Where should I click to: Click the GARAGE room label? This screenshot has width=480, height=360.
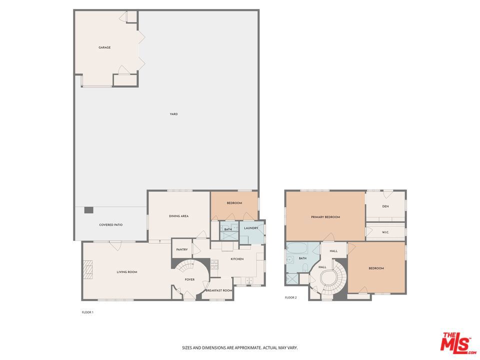[104, 47]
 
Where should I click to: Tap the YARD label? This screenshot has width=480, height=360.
[173, 114]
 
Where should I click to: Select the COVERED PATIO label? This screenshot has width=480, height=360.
[111, 225]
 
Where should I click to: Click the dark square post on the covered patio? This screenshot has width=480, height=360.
[88, 210]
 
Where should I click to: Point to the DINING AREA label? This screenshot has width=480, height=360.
[178, 216]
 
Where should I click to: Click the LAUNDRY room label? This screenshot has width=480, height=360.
[251, 228]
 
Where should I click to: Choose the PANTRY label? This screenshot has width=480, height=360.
[182, 249]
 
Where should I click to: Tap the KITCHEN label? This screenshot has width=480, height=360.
[237, 259]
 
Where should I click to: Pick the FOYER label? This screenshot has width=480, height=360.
[190, 279]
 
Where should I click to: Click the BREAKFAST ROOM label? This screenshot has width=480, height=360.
[219, 290]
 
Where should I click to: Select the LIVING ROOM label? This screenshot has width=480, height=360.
[127, 272]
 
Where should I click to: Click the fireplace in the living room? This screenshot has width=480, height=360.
[88, 269]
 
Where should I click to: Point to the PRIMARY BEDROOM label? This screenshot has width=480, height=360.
[325, 217]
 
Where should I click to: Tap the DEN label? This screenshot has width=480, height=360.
[385, 206]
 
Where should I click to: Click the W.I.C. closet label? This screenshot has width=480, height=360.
[385, 232]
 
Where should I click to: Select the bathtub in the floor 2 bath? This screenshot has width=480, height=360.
[296, 248]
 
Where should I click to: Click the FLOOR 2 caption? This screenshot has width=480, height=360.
[291, 297]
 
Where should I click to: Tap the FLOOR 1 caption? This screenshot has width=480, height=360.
[87, 312]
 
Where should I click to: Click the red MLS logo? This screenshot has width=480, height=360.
[456, 343]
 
